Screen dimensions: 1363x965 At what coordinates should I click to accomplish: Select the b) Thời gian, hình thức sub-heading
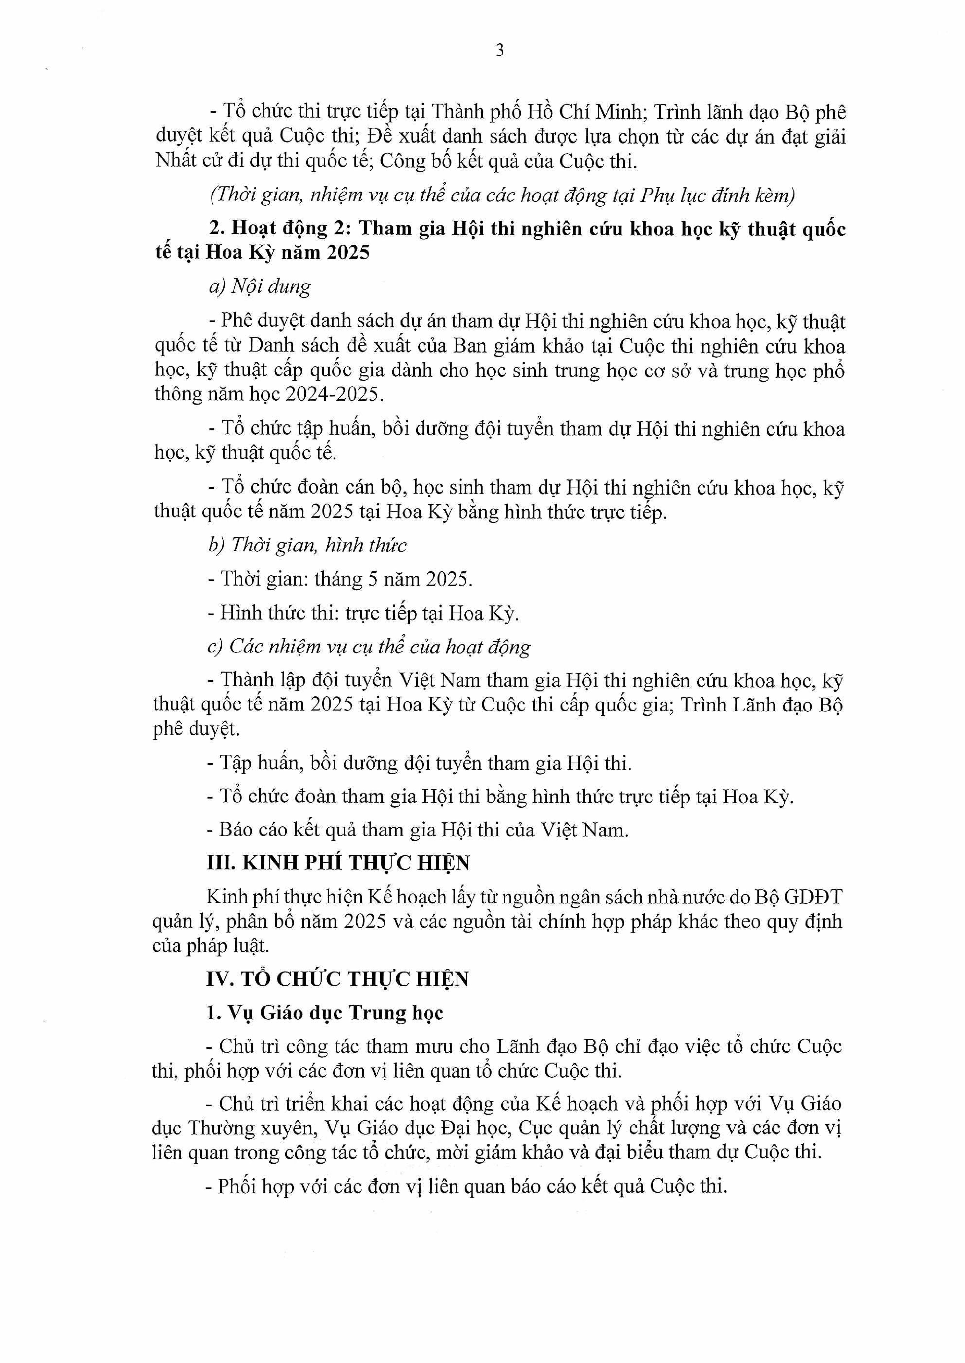click(307, 545)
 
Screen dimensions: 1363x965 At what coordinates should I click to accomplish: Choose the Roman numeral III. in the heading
click(219, 863)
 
